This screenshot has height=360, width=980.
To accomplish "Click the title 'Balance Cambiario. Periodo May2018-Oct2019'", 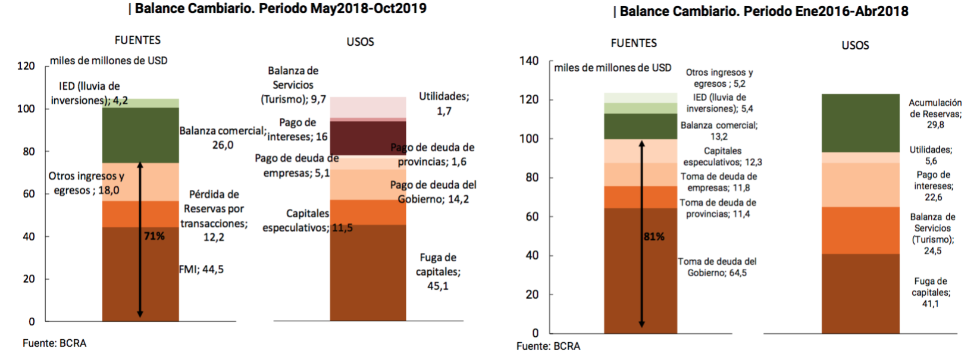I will pos(280,8).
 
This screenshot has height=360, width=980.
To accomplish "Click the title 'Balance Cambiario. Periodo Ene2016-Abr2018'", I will pos(763,11).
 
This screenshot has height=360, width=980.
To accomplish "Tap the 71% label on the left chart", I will pos(154,236).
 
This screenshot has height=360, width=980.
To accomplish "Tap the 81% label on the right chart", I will pos(654,237).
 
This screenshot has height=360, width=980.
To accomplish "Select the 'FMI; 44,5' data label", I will pos(202,270).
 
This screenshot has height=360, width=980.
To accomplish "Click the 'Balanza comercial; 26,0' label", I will pos(223,137).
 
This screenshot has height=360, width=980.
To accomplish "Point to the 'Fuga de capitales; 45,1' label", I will pos(438,271).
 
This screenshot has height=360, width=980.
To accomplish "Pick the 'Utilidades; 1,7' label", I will pos(444,104).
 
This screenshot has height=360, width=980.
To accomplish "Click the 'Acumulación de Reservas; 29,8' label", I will pos(935,114).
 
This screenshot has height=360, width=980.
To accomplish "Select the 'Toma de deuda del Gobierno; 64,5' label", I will pos(717,267).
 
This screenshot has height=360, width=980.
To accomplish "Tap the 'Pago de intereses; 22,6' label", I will pos(933,186).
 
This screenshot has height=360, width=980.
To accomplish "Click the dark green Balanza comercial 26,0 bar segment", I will pos(140,135).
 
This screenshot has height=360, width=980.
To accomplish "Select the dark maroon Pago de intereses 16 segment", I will pos(368,138).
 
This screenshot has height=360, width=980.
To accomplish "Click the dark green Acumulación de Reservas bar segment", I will pos(860,123).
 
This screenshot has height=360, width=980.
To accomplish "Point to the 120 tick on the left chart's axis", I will pos(26,66).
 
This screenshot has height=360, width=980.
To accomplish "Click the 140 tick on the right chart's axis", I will pos(529,61).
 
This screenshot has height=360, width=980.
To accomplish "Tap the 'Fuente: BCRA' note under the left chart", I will pos(54,343).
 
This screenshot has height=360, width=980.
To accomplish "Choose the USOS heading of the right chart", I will pos(855,45).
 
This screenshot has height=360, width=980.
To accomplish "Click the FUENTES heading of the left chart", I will pos(137,40).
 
